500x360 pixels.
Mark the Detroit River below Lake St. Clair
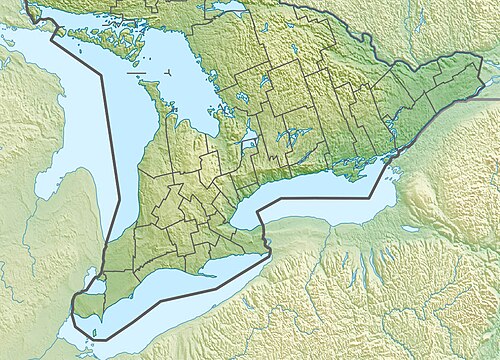click(x=76, y=300)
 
